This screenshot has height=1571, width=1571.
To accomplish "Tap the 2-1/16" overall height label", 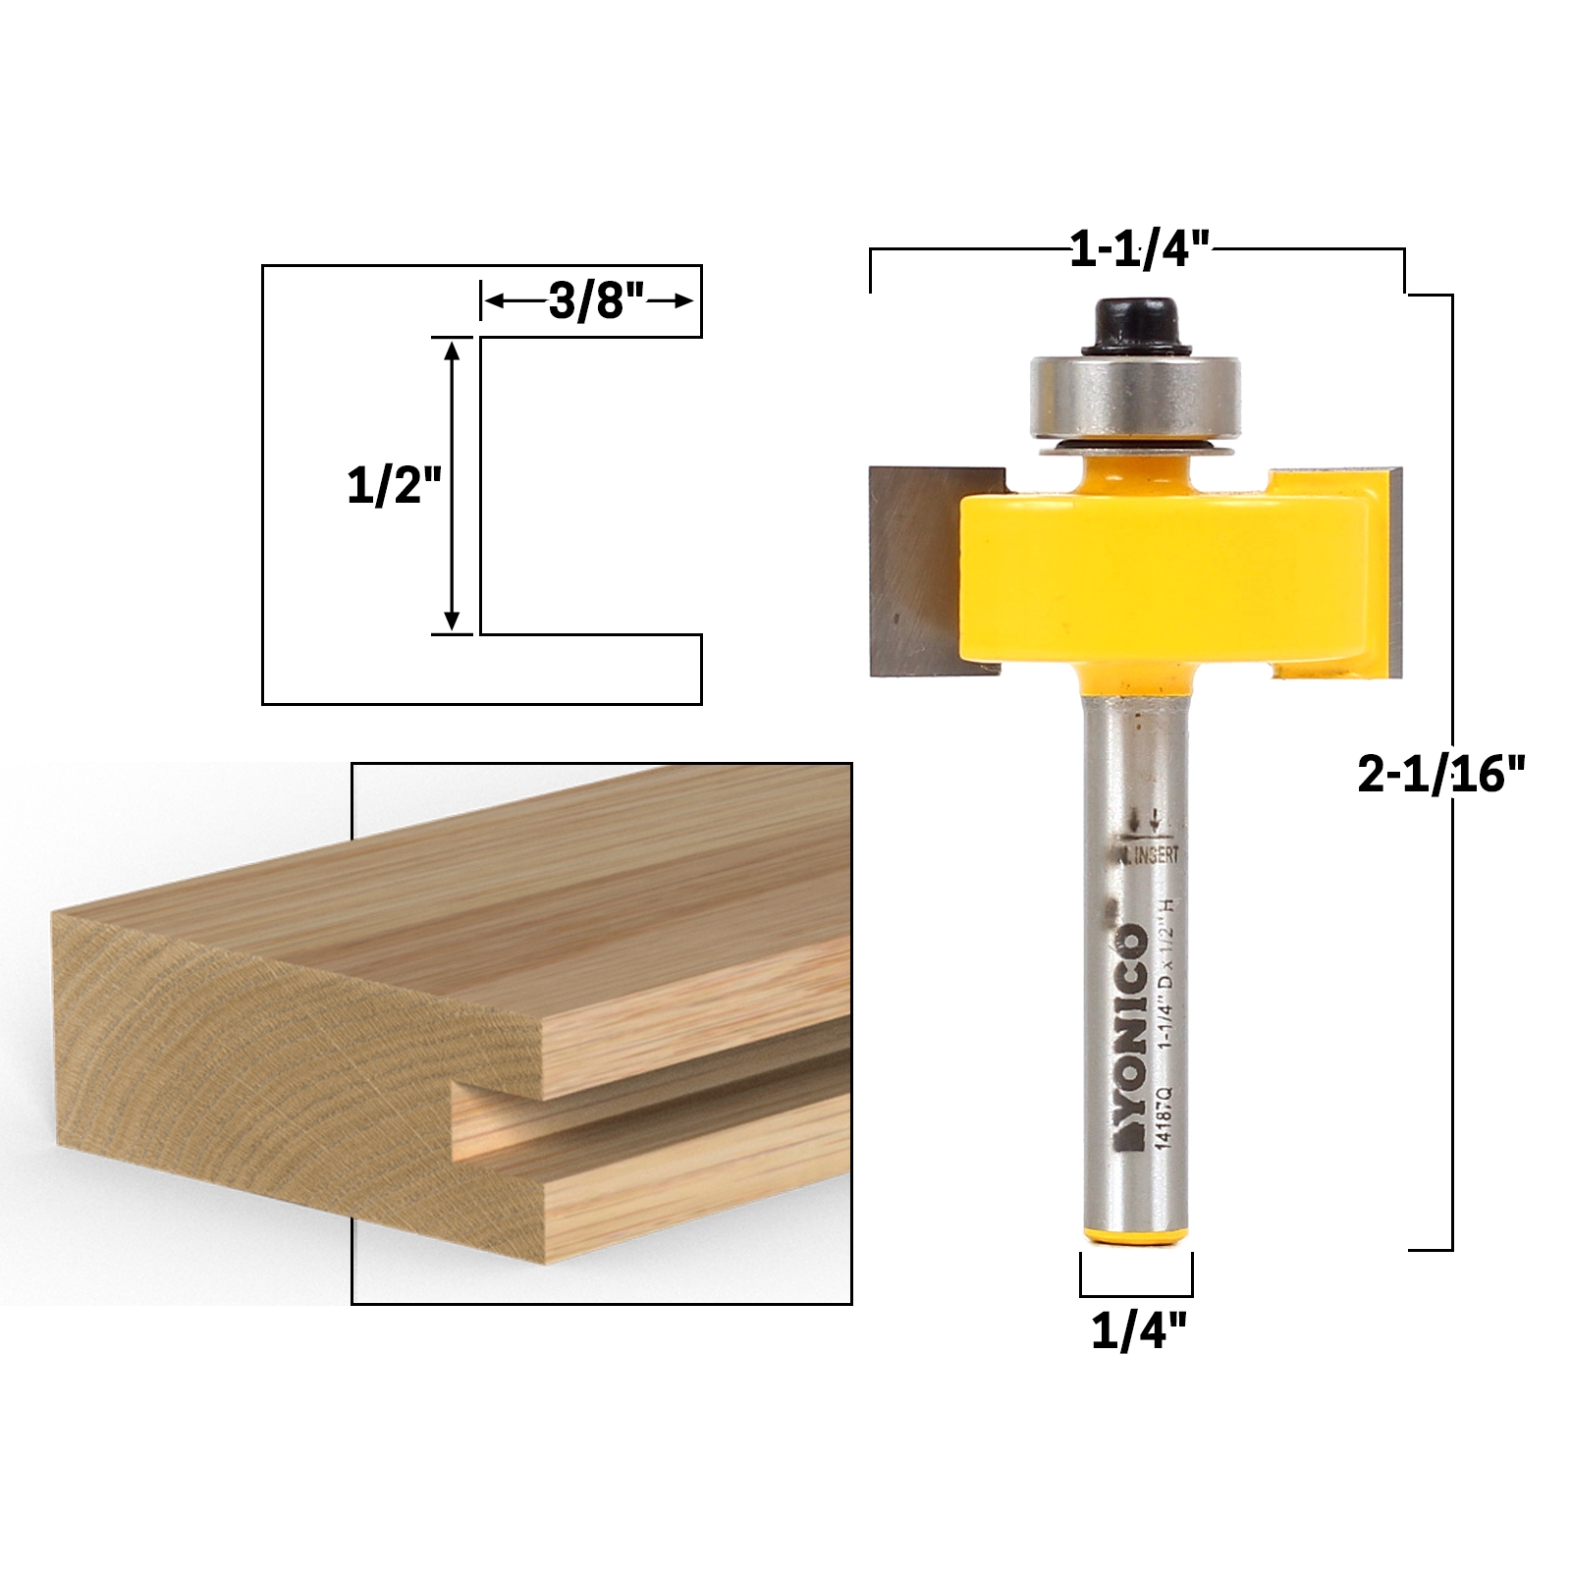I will coord(1440,776).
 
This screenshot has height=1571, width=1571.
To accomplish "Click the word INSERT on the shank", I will coord(1157,855).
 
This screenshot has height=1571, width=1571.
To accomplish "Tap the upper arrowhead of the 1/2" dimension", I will coord(452,350).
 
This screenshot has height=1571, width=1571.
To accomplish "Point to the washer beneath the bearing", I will coord(1136,448).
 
